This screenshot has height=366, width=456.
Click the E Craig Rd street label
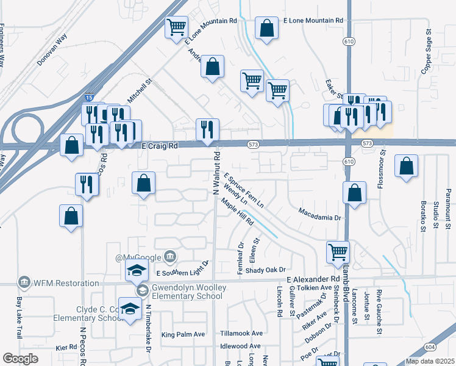click(159, 146)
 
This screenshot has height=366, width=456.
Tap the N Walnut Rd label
click(216, 174)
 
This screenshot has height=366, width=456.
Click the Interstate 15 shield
click(90, 98)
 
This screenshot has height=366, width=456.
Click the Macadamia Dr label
click(321, 213)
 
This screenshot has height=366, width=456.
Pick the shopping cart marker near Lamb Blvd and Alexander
click(338, 251)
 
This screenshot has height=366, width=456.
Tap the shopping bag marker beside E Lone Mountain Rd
click(266, 28)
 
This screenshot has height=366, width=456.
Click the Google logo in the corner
click(20, 359)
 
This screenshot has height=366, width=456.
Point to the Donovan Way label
click(54, 45)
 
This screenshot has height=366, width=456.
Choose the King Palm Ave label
click(183, 334)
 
